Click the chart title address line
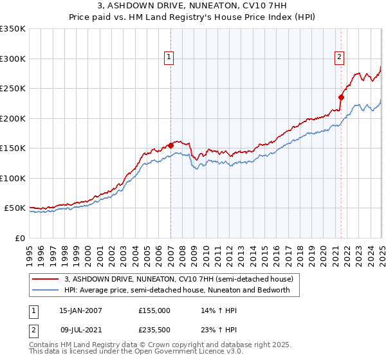tap(193, 6)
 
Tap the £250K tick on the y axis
tap(13, 88)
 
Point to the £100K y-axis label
tap(13, 178)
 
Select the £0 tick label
tap(19, 238)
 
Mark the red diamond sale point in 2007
tap(170, 145)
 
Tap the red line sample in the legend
tap(45, 279)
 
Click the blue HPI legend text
tap(177, 290)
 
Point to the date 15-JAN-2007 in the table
tap(80, 310)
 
